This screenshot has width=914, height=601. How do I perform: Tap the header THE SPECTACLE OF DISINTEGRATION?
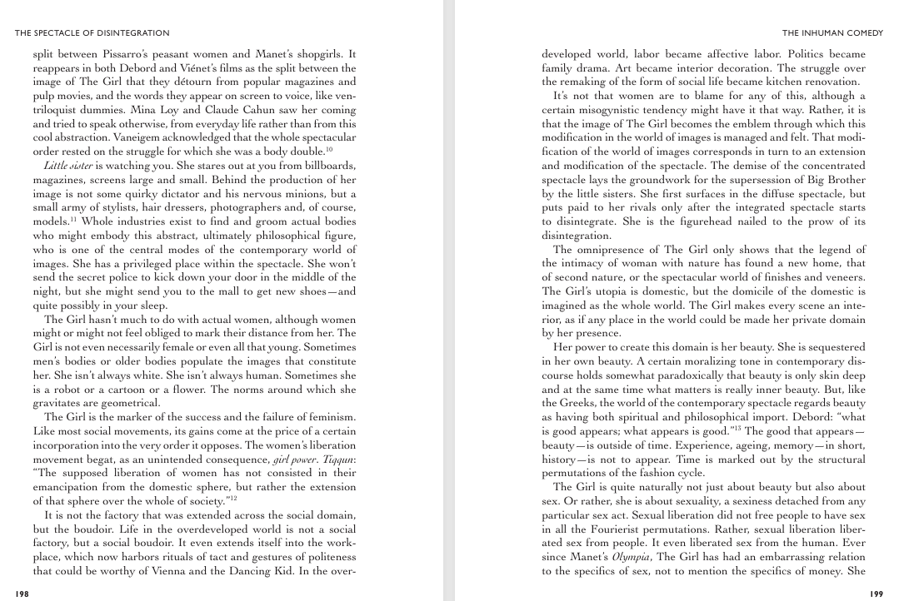click(92, 33)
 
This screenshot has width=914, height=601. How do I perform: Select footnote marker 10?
click(330, 149)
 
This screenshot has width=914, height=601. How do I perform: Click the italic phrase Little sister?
click(66, 166)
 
